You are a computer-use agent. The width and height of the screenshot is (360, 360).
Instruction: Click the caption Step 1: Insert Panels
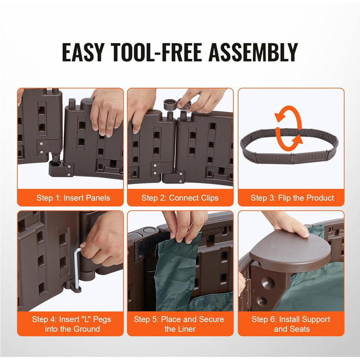click(73, 198)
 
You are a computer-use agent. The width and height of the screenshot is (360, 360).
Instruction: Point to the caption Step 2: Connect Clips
click(180, 198)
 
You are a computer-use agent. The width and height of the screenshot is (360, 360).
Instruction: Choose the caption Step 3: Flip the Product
click(292, 198)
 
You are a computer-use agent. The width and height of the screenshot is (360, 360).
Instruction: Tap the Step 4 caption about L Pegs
click(71, 324)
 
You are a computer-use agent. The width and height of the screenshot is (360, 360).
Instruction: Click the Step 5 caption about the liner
click(179, 324)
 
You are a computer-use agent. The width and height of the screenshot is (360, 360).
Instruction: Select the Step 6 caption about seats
click(291, 324)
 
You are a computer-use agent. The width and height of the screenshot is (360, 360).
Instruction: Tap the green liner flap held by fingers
click(177, 266)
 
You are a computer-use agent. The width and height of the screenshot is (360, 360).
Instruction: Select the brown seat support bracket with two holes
click(266, 287)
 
